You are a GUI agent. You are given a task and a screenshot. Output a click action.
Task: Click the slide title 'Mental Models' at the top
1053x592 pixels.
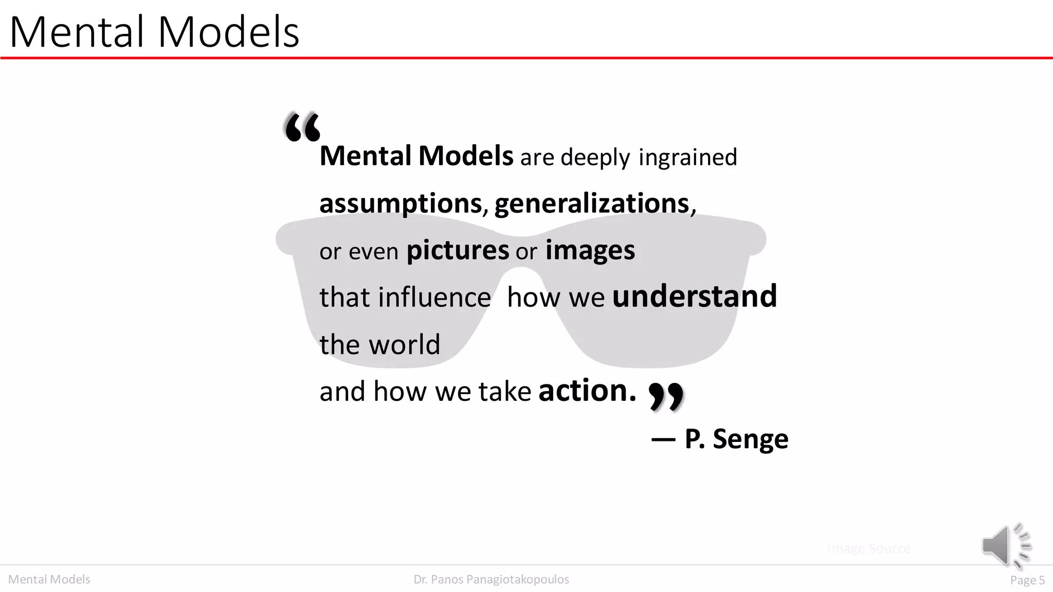coord(154,32)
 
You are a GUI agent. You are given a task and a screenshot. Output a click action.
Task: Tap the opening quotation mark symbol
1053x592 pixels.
coord(302,127)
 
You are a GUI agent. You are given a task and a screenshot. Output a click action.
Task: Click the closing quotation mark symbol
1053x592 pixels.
coord(666,396)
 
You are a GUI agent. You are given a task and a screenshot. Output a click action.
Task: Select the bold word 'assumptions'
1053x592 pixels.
coord(401,203)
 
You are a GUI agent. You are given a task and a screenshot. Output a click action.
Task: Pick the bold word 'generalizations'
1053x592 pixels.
coord(592,203)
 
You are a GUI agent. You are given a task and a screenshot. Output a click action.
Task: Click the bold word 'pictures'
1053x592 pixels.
coord(458,251)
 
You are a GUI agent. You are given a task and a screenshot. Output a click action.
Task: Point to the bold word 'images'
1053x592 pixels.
coord(590,251)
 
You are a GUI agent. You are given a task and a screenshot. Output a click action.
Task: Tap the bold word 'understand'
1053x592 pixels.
coord(694,297)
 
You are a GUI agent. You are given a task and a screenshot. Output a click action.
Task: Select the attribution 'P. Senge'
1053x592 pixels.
coord(736,439)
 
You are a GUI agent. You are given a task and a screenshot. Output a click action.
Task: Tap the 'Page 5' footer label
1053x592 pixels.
coord(1027,580)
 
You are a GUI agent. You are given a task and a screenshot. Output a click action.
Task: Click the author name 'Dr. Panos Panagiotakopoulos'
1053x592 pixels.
coord(491,580)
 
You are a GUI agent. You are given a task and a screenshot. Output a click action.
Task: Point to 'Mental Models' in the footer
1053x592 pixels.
coord(49,580)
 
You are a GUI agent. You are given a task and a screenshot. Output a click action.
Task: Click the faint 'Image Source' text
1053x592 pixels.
coord(868,548)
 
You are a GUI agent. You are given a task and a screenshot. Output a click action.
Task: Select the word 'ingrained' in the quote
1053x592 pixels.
coord(687,157)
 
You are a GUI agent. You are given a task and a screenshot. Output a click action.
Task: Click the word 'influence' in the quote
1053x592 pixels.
coord(434,298)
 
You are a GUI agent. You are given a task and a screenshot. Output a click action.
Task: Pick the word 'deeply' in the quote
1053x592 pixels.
coord(595,158)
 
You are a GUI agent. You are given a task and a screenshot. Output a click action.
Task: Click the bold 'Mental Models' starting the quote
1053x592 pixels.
coord(416,156)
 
